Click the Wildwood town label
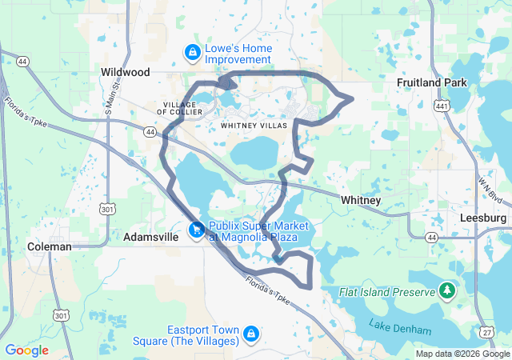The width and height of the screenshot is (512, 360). pyautogui.click(x=126, y=72)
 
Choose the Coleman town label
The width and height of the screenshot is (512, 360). pyautogui.click(x=50, y=246)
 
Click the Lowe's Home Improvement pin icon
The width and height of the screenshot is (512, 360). pyautogui.click(x=192, y=54)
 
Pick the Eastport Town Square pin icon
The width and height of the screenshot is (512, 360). pyautogui.click(x=250, y=332)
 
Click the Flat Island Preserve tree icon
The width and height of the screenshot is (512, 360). pyautogui.click(x=447, y=290)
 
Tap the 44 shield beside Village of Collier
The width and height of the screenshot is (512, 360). pyautogui.click(x=150, y=131)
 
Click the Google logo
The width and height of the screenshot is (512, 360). pyautogui.click(x=26, y=350)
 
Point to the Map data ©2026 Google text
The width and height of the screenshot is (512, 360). pyautogui.click(x=462, y=354)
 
